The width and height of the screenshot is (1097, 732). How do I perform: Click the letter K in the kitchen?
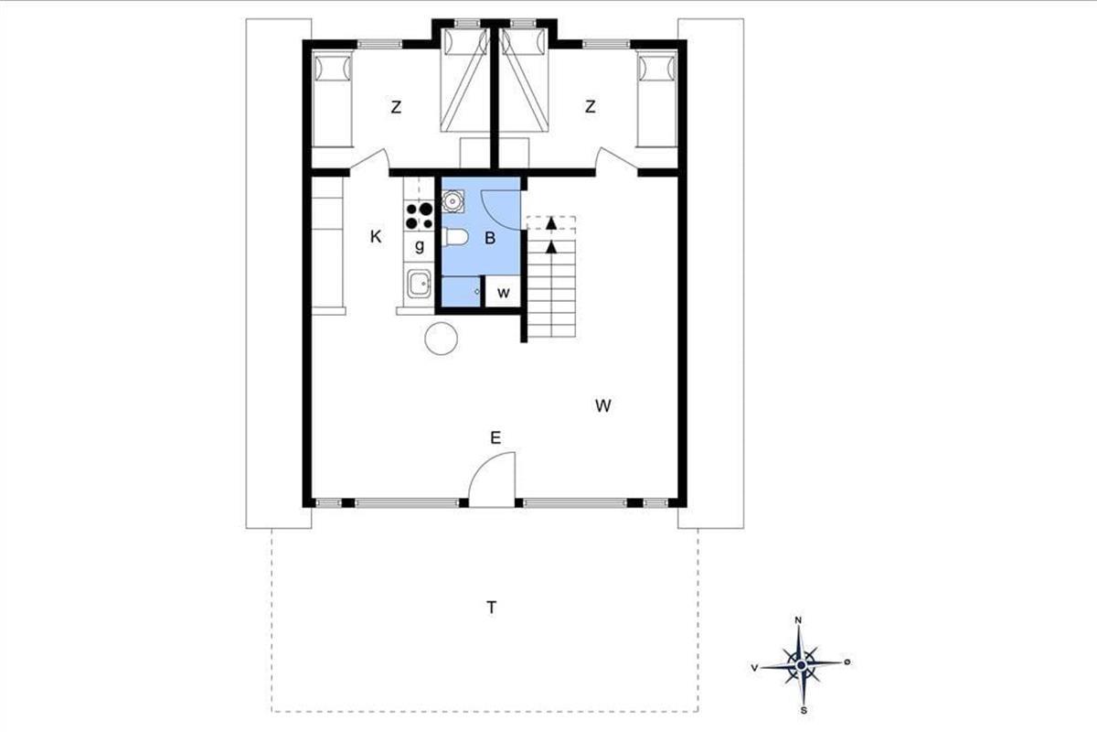(376, 237)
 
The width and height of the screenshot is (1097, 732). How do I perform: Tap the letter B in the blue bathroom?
(490, 238)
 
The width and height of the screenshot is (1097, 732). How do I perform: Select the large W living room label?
(602, 405)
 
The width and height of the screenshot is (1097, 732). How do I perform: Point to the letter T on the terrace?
(491, 608)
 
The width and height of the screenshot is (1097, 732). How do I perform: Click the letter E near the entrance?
(495, 437)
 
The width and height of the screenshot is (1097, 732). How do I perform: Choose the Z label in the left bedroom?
(396, 106)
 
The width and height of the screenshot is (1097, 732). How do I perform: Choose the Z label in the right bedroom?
(591, 106)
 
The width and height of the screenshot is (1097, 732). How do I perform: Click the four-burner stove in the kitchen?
(420, 216)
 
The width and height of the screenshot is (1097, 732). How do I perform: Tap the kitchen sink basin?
(420, 284)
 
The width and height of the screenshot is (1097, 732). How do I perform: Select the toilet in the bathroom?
(455, 237)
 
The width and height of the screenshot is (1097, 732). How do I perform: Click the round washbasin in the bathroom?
(452, 201)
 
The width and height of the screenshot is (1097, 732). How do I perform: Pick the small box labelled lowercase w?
(503, 291)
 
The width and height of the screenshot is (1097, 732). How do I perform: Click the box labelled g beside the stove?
(420, 246)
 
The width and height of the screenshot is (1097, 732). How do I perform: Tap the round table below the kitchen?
(441, 338)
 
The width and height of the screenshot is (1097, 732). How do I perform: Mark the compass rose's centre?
(801, 665)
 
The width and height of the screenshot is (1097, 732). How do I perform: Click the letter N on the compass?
(798, 620)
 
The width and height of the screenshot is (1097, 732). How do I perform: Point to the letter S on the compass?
(804, 710)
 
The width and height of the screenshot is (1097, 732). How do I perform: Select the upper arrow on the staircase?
(551, 223)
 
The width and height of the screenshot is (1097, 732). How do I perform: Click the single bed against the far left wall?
(333, 98)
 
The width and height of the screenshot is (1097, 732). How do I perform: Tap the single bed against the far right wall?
(656, 98)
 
